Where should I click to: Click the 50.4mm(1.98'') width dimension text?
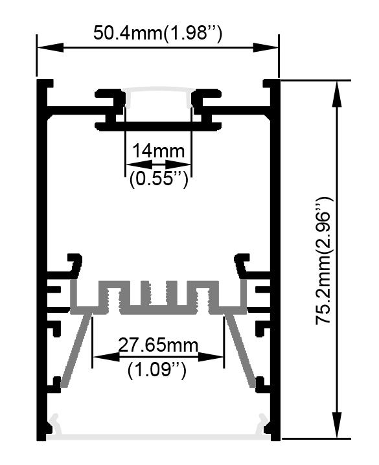[157, 33]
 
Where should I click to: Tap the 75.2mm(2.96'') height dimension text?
[324, 261]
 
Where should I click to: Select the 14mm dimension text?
[158, 151]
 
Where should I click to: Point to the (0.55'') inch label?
[159, 179]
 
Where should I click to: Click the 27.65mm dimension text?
[158, 345]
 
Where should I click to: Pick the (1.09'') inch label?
[157, 370]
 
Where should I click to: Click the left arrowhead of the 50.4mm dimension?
[50, 47]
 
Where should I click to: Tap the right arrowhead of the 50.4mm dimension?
[266, 47]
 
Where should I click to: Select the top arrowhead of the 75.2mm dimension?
[337, 93]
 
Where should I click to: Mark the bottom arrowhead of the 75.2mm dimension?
[337, 425]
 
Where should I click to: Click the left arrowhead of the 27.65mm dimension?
[106, 357]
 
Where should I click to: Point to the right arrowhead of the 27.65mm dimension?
[211, 357]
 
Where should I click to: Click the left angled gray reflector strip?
[76, 350]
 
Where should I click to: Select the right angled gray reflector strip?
[240, 350]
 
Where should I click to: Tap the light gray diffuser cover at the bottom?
[158, 437]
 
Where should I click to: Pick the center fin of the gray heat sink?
[157, 293]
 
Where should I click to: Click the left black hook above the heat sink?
[75, 264]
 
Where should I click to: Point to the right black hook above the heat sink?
[242, 264]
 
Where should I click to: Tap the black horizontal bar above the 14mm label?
[158, 126]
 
